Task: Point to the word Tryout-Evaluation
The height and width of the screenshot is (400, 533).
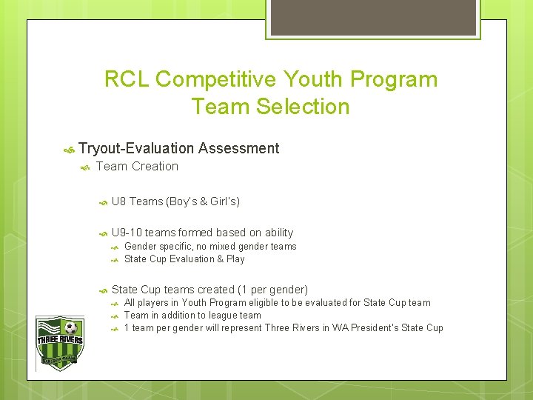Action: [x=136, y=149]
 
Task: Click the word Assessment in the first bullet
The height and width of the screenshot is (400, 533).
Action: [x=238, y=149]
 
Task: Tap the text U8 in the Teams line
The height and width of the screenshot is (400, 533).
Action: [x=119, y=201]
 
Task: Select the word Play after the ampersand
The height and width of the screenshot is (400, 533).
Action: [x=235, y=259]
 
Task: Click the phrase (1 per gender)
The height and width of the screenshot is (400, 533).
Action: [x=272, y=290]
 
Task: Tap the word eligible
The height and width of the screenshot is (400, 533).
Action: [x=269, y=303]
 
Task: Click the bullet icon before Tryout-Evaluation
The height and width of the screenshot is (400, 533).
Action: [x=69, y=150]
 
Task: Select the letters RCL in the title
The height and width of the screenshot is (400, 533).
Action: [x=127, y=79]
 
